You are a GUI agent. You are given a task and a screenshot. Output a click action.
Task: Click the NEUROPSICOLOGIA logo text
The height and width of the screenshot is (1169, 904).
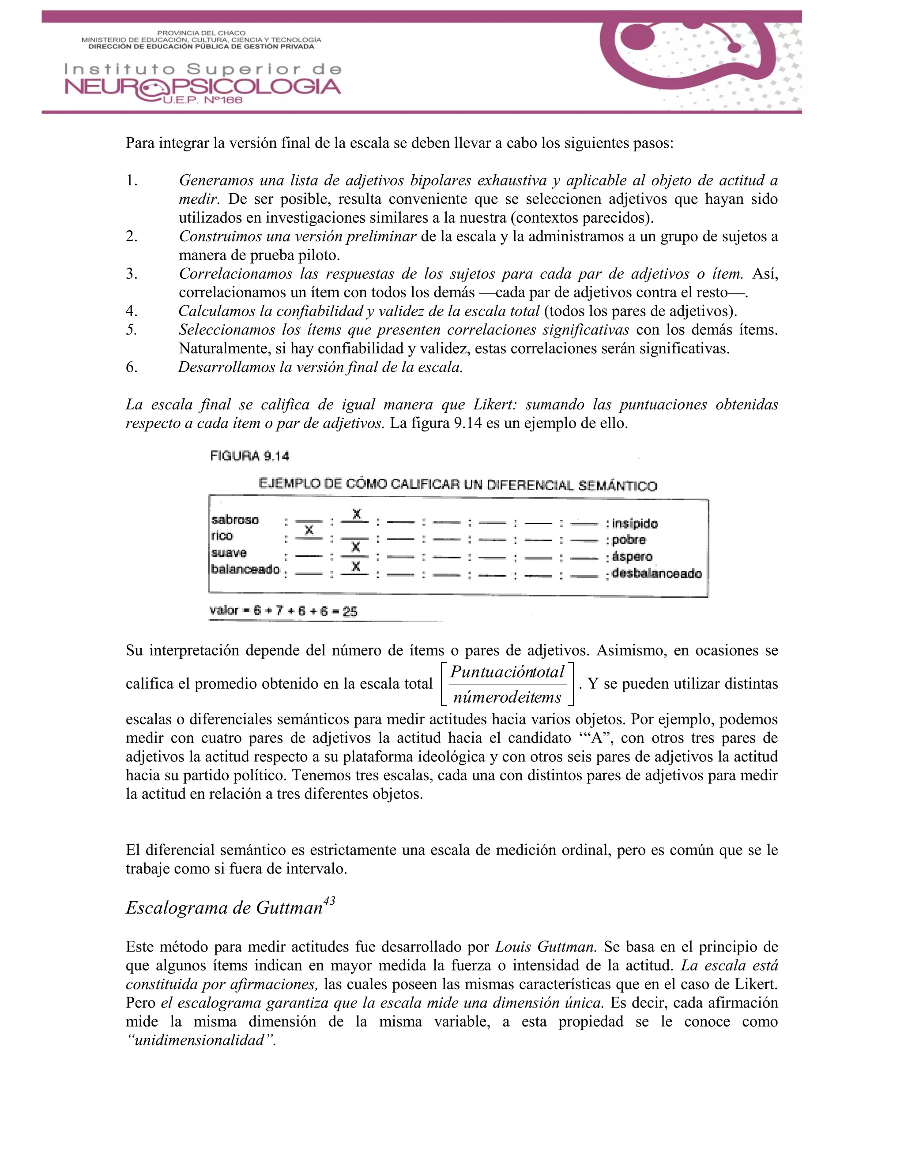(x=203, y=87)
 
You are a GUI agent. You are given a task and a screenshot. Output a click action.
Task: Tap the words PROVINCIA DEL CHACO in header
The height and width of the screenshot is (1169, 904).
(x=201, y=33)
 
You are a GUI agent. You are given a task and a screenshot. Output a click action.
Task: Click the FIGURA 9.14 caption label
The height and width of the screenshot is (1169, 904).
(x=249, y=456)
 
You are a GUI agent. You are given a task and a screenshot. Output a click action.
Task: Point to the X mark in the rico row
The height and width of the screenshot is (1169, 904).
(x=309, y=530)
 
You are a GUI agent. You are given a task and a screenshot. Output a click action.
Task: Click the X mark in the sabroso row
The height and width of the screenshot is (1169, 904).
(x=357, y=514)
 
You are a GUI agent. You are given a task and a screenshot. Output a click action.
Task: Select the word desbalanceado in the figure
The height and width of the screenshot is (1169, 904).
(x=656, y=573)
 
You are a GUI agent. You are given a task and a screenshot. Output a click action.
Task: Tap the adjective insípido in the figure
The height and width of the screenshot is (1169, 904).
(x=635, y=524)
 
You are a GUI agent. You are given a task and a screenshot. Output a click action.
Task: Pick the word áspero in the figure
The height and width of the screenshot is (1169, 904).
(x=632, y=557)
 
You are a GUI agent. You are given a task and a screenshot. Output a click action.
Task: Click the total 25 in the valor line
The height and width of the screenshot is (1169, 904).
(x=350, y=611)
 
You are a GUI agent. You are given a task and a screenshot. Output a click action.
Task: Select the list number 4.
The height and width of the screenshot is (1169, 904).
(x=132, y=311)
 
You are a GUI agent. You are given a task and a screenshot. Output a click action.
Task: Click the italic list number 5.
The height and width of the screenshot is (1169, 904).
(x=132, y=330)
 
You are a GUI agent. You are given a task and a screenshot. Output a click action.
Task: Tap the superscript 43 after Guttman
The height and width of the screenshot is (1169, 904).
(x=329, y=901)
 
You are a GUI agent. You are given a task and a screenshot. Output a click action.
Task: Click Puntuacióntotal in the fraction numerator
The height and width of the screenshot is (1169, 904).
(x=507, y=672)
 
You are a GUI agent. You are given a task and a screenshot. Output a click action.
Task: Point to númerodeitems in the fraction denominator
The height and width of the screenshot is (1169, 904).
(x=507, y=697)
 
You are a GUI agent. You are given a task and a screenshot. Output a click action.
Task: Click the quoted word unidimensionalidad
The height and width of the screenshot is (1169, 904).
(x=200, y=1040)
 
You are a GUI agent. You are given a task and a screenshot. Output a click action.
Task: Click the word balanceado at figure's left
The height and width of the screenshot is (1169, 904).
(x=245, y=569)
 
